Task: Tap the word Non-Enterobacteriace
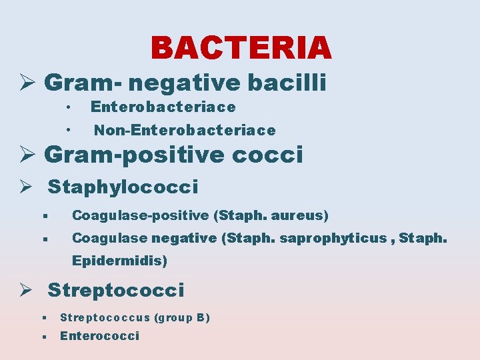tap(184, 130)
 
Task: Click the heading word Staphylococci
tap(123, 187)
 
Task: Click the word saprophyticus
tap(339, 238)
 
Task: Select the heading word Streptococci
tap(116, 291)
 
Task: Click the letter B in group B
tap(201, 317)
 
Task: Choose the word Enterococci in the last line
tap(100, 336)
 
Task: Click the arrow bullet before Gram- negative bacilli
tap(27, 83)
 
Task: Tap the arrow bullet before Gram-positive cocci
tap(27, 155)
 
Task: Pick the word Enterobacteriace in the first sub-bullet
tap(163, 107)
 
